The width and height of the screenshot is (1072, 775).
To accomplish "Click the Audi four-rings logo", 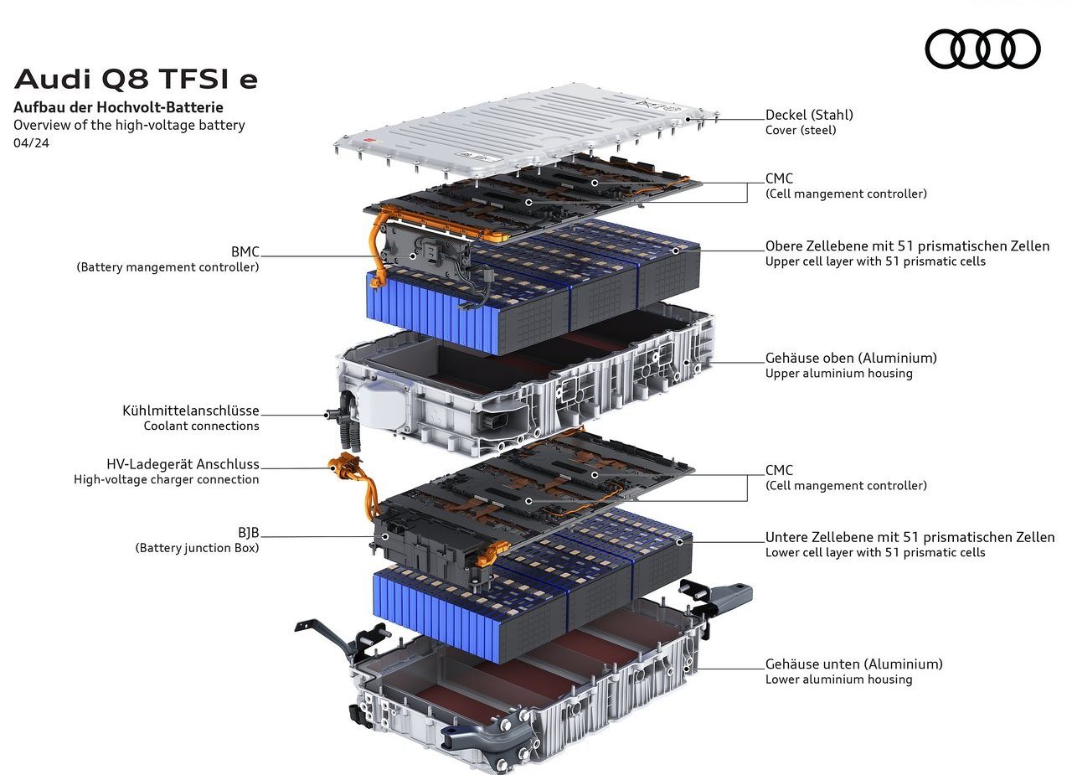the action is coord(982,49).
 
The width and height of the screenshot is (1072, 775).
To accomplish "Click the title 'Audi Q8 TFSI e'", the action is coord(136,79).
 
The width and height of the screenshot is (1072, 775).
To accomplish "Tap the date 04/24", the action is coord(31,143).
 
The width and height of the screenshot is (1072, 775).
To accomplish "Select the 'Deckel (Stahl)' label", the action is coord(809,115).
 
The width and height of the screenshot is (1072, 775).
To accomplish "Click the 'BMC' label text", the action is coord(245,252).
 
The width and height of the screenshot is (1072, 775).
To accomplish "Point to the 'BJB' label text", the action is coord(248,532).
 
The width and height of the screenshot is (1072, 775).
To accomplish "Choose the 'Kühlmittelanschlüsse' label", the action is coord(190,411).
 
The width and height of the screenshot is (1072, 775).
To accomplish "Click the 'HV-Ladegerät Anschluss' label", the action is coord(183,464).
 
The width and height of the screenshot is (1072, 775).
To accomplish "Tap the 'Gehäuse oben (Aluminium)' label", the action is coord(851,358).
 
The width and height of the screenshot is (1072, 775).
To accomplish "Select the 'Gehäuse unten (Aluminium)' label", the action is coord(853,664).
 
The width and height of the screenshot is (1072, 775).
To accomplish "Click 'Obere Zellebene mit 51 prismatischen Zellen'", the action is coord(907,246).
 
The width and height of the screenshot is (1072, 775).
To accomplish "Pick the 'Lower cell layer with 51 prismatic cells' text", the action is coord(875,552).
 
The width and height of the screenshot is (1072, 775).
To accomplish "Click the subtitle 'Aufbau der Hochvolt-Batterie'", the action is coord(118,107).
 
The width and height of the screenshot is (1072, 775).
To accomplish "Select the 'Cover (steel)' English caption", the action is coord(801,130).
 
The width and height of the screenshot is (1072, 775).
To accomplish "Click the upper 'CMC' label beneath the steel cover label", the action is coord(779,178).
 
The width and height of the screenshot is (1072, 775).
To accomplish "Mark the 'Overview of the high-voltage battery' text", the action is coord(129,126).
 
